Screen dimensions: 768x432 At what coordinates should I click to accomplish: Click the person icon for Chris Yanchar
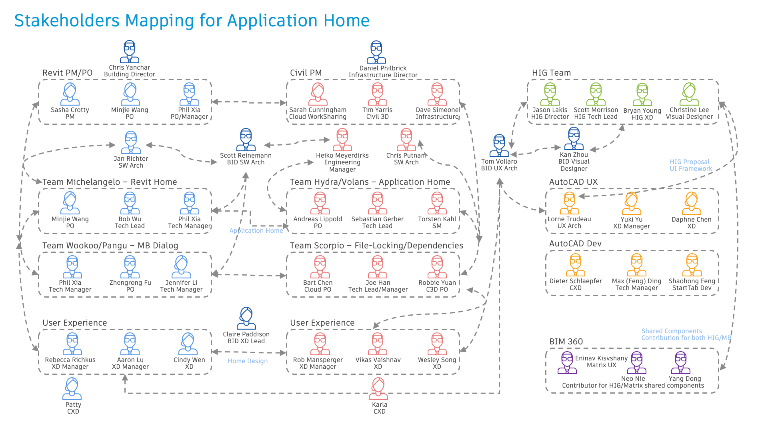[130, 52]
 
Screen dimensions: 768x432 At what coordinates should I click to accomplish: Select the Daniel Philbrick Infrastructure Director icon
[376, 52]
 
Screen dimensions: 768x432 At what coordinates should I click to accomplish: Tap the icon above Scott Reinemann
[246, 140]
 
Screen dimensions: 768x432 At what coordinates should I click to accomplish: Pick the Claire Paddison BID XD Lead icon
[246, 318]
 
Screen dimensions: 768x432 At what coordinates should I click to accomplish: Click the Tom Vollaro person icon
[499, 146]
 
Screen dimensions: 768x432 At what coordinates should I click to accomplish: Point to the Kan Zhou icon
[574, 139]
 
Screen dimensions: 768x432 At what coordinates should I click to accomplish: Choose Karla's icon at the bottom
[378, 389]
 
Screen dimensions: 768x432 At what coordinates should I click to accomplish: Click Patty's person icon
[72, 389]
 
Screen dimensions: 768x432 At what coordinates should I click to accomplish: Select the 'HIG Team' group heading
[551, 73]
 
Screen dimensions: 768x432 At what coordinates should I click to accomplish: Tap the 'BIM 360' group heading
[566, 342]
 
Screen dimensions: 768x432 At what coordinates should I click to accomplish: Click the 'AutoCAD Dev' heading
[575, 244]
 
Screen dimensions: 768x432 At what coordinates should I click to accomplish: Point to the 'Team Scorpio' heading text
[317, 246]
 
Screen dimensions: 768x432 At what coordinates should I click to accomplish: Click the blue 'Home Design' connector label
[248, 361]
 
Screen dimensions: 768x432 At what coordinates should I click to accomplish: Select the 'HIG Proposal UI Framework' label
[691, 165]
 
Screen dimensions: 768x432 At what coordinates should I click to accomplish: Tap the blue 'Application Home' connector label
[256, 231]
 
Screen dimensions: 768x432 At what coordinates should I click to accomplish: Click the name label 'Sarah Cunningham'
[318, 110]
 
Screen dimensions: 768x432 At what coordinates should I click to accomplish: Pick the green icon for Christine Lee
[689, 94]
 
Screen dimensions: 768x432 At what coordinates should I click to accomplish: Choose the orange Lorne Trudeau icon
[569, 203]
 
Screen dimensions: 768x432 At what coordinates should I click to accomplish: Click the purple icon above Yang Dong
[681, 363]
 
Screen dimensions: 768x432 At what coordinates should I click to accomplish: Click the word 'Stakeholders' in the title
[67, 20]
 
